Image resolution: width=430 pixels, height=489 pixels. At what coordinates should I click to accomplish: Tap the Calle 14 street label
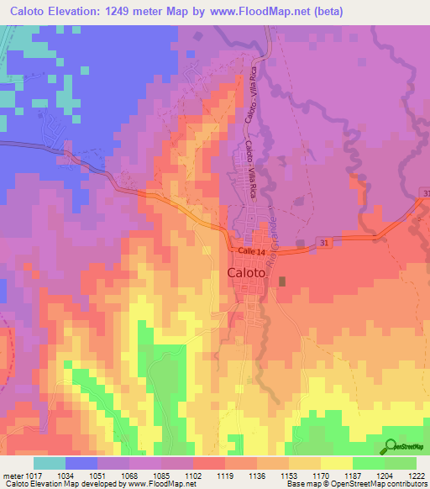click(250, 251)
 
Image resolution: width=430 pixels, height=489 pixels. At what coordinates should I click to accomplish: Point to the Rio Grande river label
click(271, 229)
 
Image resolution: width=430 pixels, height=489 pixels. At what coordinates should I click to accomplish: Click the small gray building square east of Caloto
click(282, 281)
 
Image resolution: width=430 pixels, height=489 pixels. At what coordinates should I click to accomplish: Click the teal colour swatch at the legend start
click(50, 463)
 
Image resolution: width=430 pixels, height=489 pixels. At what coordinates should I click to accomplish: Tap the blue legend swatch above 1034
click(81, 463)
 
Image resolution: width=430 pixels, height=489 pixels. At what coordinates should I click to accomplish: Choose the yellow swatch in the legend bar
click(337, 463)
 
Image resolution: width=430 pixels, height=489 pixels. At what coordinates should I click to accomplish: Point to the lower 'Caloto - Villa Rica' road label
click(251, 169)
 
